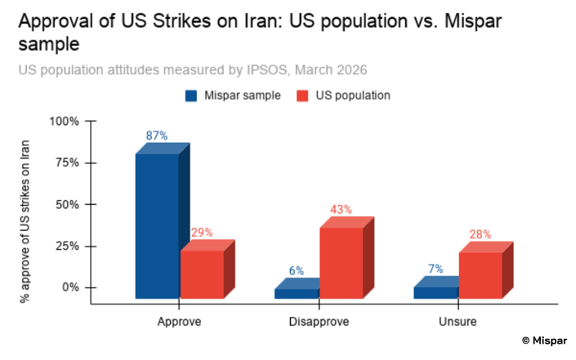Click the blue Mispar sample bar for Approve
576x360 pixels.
[x=157, y=225]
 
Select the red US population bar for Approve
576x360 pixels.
[x=202, y=273]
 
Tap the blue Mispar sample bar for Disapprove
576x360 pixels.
[x=296, y=293]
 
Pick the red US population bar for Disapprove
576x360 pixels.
[x=341, y=262]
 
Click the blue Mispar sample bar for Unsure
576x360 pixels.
[x=435, y=292]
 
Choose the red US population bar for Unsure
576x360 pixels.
[x=480, y=275]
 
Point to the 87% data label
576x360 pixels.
[x=158, y=135]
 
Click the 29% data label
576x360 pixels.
[x=202, y=232]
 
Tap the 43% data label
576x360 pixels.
[x=341, y=209]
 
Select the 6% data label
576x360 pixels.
[x=296, y=271]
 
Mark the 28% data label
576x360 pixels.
[x=480, y=234]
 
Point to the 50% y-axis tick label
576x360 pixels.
[x=67, y=204]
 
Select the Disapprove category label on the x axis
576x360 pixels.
[x=319, y=322]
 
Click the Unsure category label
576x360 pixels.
[x=458, y=322]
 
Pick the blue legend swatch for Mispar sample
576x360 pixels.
[x=191, y=96]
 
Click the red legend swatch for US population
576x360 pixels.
[x=302, y=96]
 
